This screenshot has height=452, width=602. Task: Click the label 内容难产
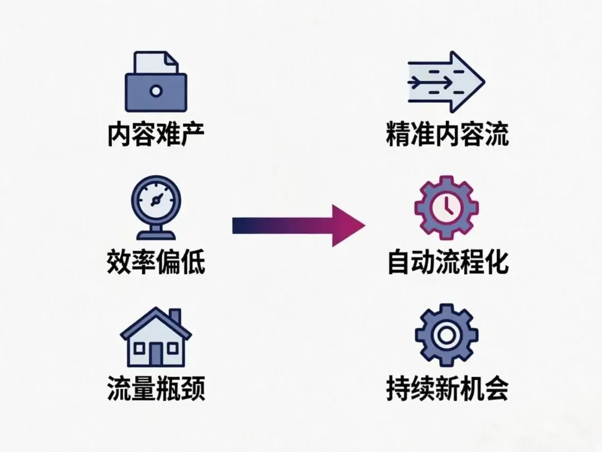point(156,134)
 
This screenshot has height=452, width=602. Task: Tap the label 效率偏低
point(156,262)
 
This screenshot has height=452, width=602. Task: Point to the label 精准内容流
point(447,134)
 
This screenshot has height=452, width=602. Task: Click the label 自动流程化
point(447,262)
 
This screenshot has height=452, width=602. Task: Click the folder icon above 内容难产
point(156,84)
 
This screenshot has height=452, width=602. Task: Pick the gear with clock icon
point(446,208)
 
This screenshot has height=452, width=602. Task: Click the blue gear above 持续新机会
point(446,335)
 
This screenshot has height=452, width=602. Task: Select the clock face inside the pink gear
point(446,208)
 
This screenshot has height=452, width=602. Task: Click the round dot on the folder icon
point(156,90)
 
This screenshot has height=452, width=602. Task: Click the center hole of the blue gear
point(446,335)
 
